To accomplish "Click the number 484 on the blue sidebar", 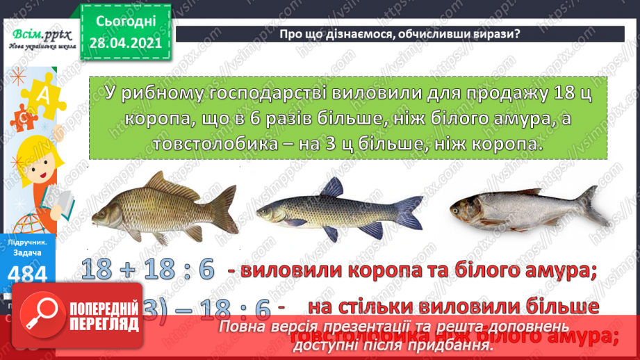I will (x=28, y=276).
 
